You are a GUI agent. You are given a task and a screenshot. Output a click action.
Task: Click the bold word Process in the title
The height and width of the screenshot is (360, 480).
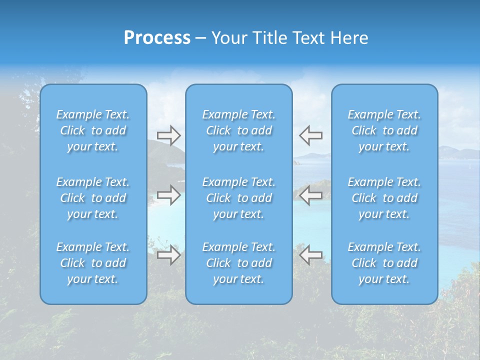tap(157, 38)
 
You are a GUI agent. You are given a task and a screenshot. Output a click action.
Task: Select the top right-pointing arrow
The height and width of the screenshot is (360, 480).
tap(168, 135)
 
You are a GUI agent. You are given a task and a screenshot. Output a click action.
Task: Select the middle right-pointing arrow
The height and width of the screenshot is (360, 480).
tap(168, 195)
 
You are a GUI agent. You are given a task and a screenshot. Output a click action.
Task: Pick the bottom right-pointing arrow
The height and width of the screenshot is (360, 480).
tap(168, 255)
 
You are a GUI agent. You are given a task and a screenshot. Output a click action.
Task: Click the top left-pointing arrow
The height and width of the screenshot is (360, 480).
tap(310, 135)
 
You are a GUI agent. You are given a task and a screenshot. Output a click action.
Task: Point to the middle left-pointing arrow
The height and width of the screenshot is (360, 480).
tap(310, 195)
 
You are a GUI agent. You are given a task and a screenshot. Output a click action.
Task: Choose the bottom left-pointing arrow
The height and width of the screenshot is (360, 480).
tap(310, 255)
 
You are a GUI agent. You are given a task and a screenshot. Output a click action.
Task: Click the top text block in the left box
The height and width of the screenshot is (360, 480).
tap(93, 130)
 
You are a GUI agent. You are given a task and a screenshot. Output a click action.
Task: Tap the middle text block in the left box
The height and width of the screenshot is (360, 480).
tap(93, 198)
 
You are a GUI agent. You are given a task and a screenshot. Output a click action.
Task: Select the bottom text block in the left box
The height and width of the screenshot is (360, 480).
tap(93, 263)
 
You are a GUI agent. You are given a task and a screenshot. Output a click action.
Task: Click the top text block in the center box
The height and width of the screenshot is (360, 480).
tap(239, 130)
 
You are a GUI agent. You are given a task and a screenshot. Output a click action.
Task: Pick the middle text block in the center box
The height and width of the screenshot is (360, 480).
tap(239, 198)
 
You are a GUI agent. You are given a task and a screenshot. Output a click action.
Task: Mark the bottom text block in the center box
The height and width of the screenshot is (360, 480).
tap(239, 263)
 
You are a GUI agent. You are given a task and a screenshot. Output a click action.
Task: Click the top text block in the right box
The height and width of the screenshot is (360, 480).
tap(384, 130)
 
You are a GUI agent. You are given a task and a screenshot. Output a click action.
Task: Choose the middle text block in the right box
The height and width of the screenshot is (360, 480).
tap(384, 198)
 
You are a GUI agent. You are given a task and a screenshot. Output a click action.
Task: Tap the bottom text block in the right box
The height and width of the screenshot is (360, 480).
tap(384, 263)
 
